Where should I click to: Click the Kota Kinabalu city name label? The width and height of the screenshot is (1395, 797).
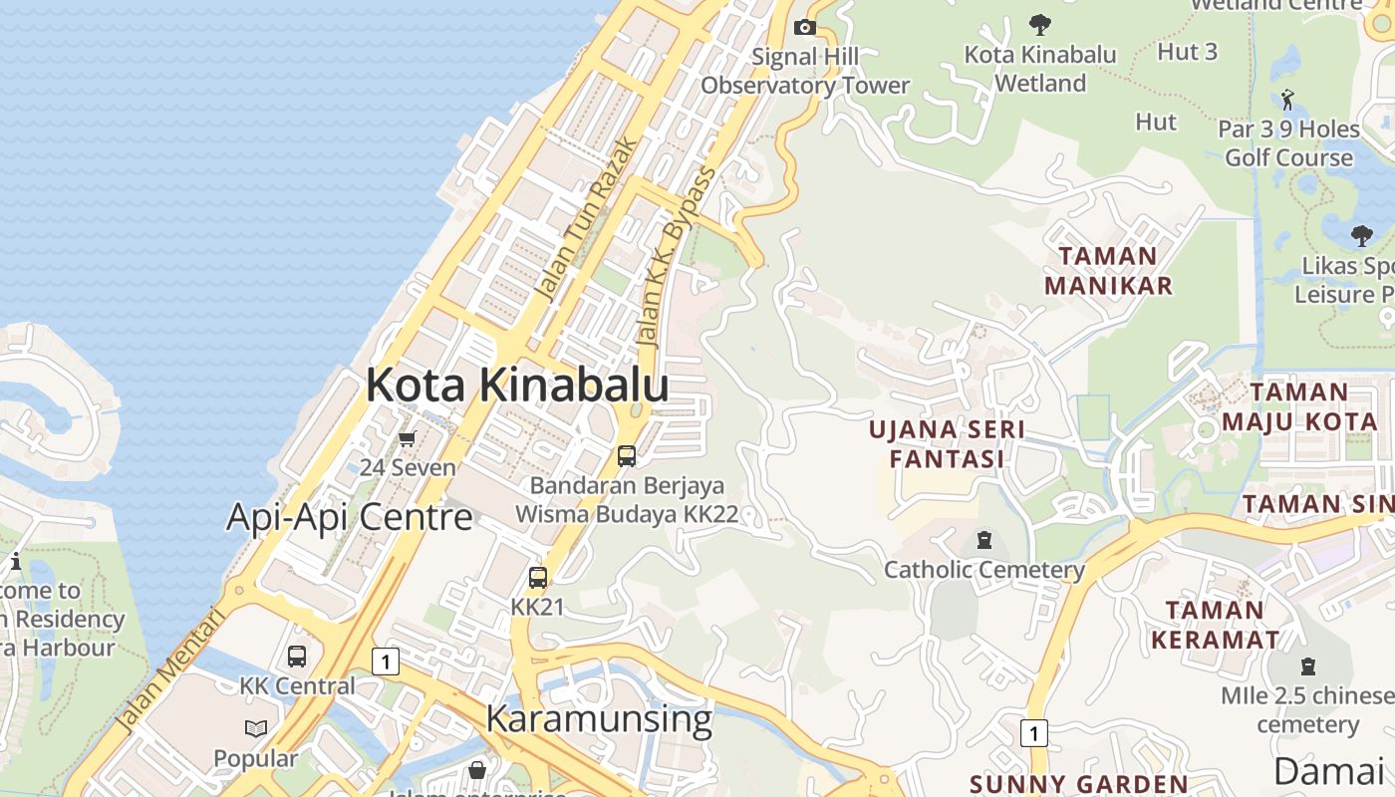coord(517,385)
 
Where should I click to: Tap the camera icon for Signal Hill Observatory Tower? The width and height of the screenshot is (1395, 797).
coord(805,28)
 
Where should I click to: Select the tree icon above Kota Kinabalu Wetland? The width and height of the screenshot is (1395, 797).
coord(1039,24)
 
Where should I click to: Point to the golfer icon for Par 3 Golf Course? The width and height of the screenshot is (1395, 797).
coord(1287,100)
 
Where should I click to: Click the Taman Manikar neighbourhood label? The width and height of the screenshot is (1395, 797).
coord(1108,271)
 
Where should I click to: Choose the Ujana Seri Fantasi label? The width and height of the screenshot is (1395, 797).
coord(947,444)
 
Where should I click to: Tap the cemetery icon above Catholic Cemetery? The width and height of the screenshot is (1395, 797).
coord(984,541)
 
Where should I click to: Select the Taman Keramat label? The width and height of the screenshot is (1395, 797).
coord(1215,624)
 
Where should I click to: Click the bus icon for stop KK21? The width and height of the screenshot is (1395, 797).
coord(538,578)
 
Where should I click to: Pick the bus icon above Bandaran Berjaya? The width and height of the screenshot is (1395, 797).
coord(627,456)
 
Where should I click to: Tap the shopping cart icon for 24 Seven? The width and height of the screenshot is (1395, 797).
coord(407,439)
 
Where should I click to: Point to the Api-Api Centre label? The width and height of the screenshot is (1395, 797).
coord(349,517)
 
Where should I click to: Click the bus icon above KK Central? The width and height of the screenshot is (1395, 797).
coord(297,657)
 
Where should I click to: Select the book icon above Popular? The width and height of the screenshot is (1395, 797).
coord(256,729)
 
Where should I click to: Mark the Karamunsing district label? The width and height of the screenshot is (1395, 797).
coord(599,718)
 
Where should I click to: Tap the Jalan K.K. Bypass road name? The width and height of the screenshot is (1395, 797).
coord(678,256)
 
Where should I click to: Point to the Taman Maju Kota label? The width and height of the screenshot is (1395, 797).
coord(1299,406)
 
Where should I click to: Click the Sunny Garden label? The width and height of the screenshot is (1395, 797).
coord(1078,784)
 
